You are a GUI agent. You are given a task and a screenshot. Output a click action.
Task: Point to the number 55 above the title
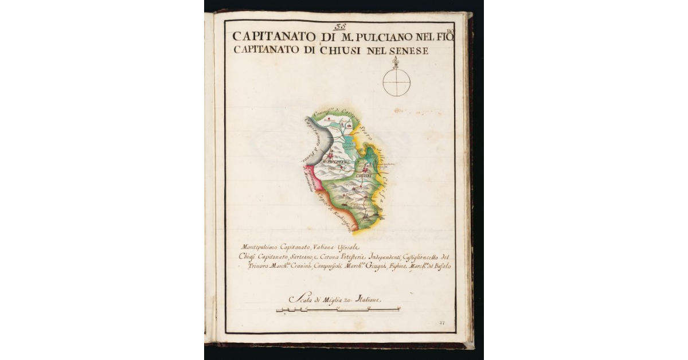[x=340, y=26]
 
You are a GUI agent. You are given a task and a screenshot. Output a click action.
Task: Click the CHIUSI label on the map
[x=365, y=175]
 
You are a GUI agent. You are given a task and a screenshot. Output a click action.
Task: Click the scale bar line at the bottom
[x=338, y=310]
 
